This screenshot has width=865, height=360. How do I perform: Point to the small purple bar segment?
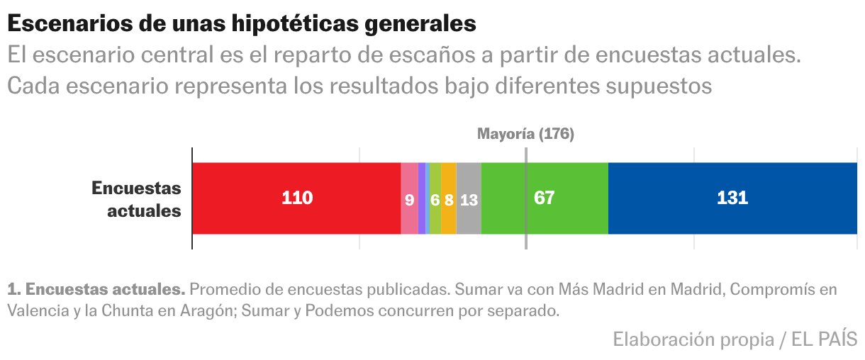point(422,198)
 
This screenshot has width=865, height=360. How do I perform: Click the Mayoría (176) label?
point(525,134)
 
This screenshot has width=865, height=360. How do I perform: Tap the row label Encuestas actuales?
point(137,199)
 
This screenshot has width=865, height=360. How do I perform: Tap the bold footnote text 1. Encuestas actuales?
point(96,290)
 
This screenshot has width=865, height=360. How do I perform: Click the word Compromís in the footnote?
point(776,290)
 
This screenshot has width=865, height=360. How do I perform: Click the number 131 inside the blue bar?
point(732,198)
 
